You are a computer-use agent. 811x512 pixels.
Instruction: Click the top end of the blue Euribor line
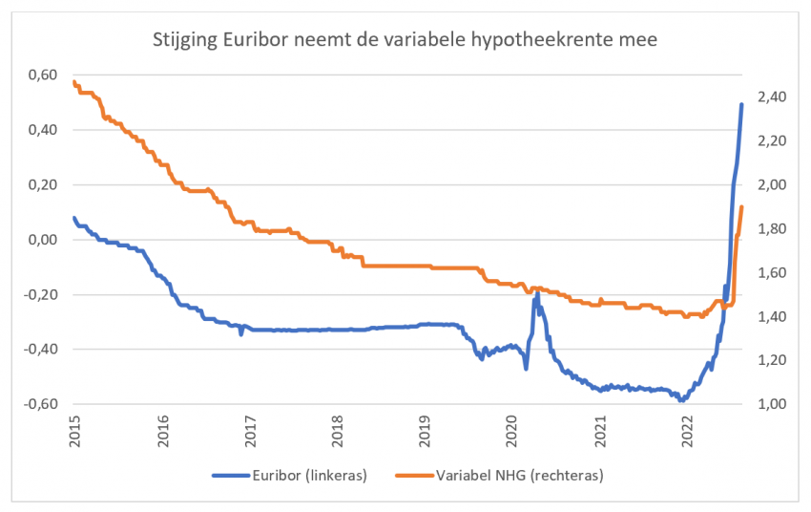(741, 105)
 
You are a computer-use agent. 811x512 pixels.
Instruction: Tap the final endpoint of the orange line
(741, 207)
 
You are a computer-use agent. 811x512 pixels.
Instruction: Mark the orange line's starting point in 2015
(73, 82)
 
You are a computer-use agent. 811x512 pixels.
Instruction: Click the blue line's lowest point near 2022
(681, 400)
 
